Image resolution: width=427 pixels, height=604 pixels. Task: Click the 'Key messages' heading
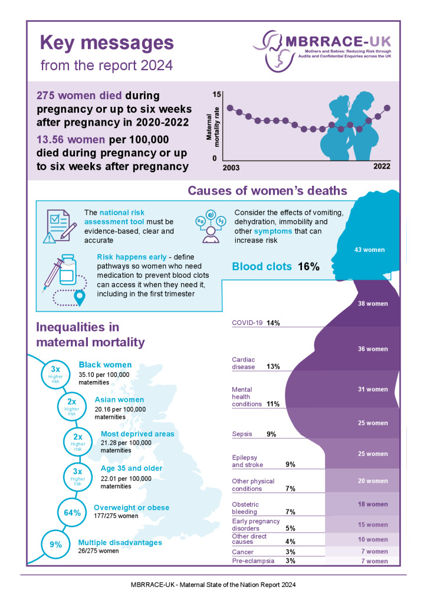point(107,43)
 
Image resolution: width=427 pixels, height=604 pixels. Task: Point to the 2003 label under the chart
point(231,168)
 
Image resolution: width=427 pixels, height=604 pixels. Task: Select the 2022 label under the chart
point(382,167)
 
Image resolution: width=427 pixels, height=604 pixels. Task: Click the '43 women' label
point(370,250)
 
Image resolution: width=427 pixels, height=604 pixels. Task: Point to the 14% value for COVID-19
point(273,323)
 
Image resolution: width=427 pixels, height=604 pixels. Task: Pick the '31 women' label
point(373,389)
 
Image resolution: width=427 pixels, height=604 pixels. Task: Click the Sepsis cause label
point(242,434)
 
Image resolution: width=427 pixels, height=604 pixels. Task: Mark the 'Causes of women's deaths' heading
point(267,191)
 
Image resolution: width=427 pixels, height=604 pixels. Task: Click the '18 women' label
point(373,504)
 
